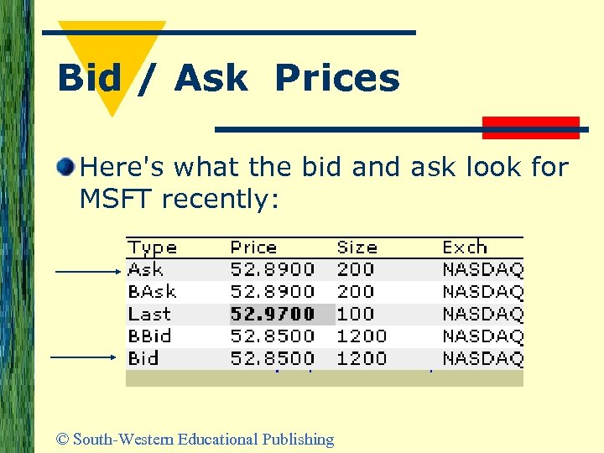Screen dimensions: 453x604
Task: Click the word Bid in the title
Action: point(89,79)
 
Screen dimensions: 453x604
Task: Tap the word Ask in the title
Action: point(211,79)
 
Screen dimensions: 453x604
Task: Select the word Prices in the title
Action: point(336,79)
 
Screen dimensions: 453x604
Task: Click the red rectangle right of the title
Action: point(531,128)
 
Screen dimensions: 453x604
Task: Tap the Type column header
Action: point(152,247)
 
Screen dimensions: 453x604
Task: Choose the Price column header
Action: point(253,247)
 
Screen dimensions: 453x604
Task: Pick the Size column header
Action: point(357,247)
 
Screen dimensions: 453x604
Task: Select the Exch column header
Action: point(464,247)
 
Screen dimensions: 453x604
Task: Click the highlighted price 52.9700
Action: point(273,314)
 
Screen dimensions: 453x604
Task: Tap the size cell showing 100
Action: point(355,314)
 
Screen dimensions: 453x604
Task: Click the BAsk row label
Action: point(151,292)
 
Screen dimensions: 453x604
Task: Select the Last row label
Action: point(149,314)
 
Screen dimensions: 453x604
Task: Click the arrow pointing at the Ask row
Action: point(88,271)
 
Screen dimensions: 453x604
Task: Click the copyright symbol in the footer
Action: point(62,439)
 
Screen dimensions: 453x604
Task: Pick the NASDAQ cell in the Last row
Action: point(482,314)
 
